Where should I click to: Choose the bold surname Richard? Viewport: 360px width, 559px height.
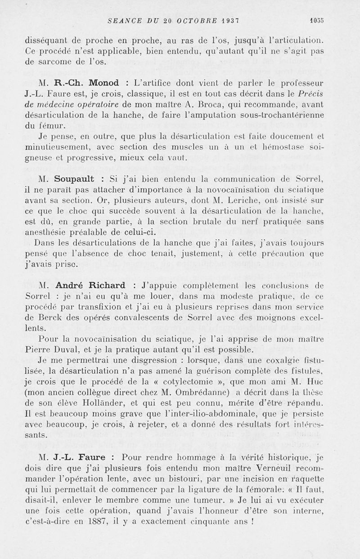pyautogui.click(x=108, y=285)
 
